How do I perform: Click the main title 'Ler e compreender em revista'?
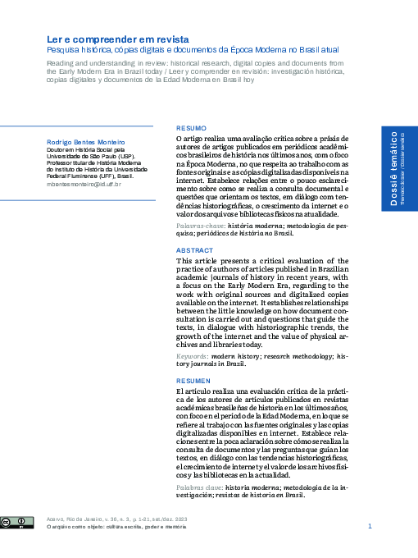point(117,39)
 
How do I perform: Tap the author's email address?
point(83,185)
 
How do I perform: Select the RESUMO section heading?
point(192,129)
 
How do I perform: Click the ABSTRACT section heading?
point(195,249)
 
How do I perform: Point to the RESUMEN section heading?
point(194,381)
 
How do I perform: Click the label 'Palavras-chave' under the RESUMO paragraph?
point(201,225)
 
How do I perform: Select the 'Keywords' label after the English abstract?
point(193,356)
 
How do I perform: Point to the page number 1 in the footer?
point(370,526)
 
